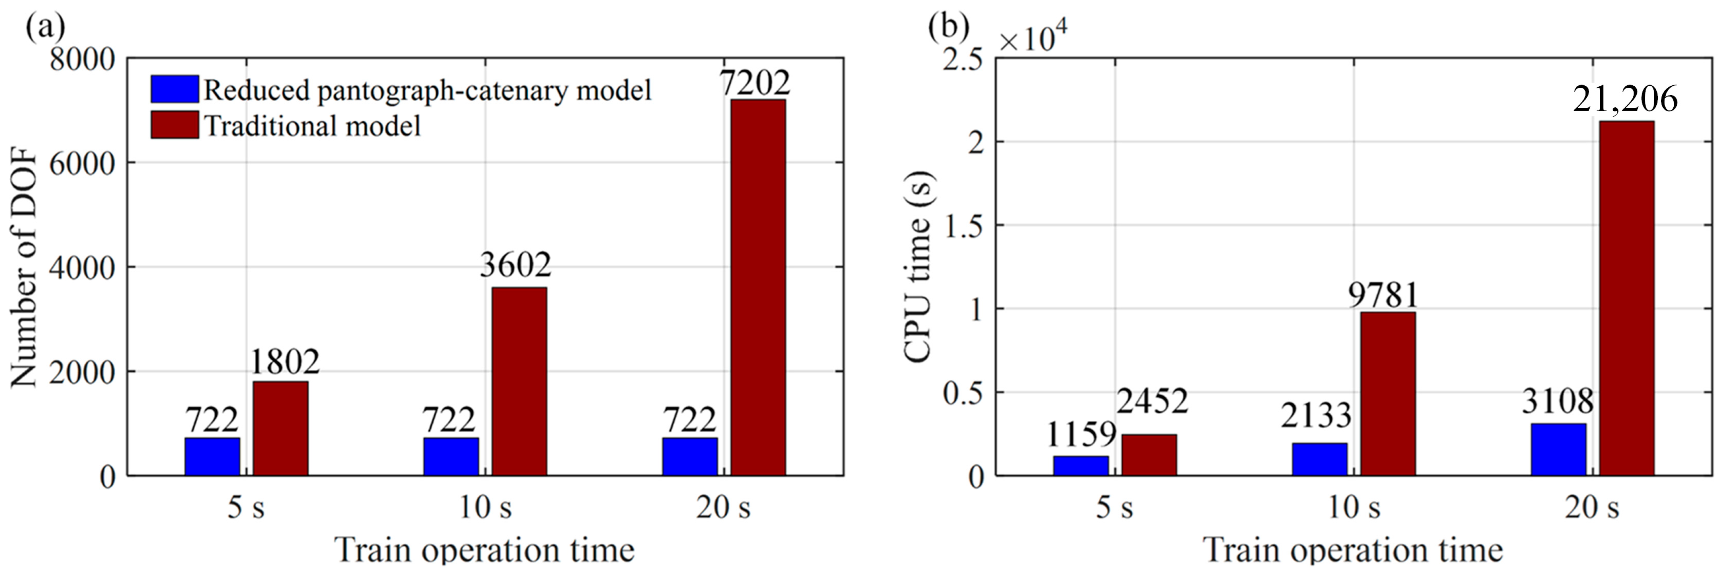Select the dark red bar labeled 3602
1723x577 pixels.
click(519, 381)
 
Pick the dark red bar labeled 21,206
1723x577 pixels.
click(1627, 298)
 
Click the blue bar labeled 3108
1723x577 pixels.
click(1558, 449)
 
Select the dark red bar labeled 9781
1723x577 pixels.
click(1388, 393)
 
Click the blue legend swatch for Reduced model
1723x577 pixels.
click(174, 89)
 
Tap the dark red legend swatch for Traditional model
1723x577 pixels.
click(174, 125)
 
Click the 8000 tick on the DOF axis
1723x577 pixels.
click(82, 59)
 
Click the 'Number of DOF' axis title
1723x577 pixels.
click(25, 268)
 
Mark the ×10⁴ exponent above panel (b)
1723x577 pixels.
click(1034, 37)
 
